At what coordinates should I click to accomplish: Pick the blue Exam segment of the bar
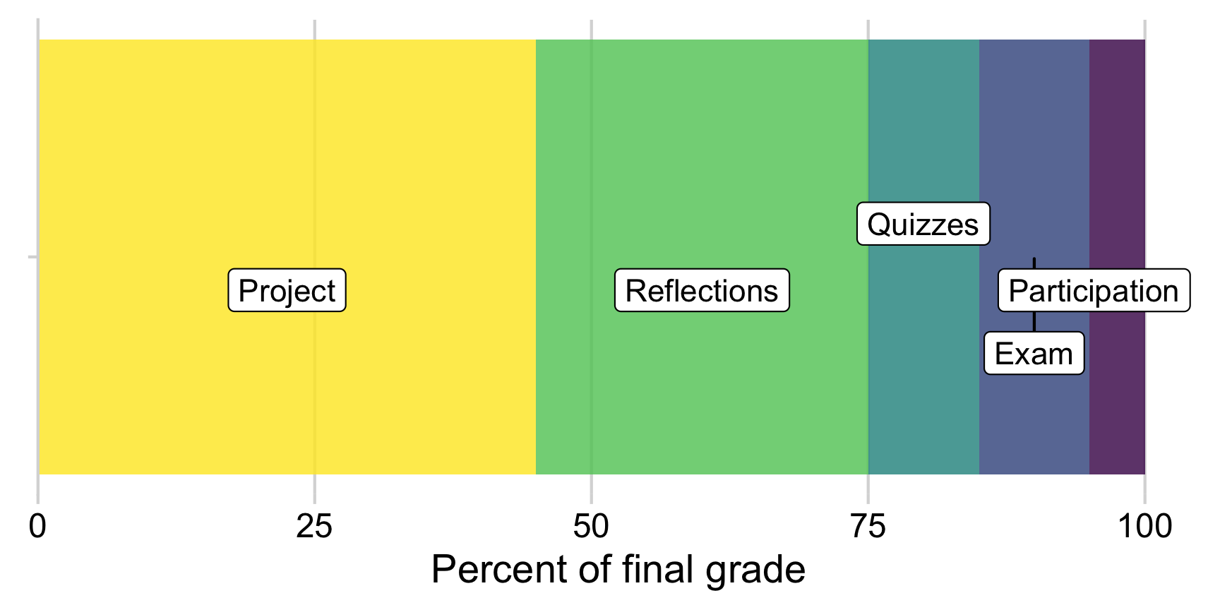(1034, 141)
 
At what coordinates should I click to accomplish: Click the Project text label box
(287, 290)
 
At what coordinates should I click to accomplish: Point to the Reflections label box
(702, 290)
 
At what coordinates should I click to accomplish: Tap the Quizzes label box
(923, 225)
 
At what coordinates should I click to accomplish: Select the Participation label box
(1094, 290)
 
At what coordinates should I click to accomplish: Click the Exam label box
(1034, 353)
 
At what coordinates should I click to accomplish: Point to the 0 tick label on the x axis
(37, 526)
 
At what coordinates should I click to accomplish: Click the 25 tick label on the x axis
(314, 526)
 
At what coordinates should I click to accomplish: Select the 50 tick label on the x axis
(591, 526)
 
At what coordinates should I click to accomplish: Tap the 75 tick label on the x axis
(868, 526)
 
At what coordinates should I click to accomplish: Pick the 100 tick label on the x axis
(1144, 526)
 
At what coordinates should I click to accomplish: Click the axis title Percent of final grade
(618, 570)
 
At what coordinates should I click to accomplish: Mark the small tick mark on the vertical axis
(32, 257)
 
